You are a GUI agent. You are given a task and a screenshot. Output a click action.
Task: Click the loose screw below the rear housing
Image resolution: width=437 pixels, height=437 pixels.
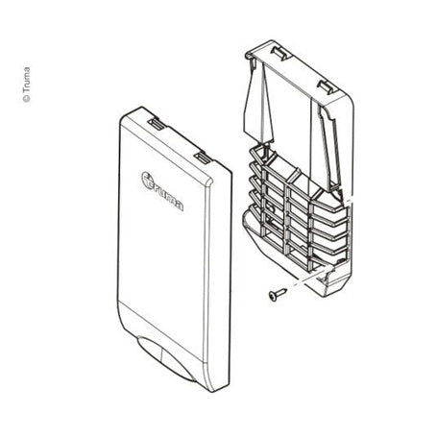coord(277,293)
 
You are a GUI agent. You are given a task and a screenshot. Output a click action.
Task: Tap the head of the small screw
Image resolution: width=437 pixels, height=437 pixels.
coord(272,296)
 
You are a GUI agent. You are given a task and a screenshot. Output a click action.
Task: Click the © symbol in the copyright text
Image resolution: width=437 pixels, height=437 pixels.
coord(27,99)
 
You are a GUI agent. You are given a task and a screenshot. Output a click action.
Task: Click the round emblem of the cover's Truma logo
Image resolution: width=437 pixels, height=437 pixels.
coord(147,180)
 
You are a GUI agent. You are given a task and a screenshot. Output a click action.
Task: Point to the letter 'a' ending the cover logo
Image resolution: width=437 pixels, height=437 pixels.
coord(180,206)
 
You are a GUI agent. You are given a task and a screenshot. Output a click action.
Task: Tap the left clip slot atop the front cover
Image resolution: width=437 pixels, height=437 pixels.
coord(156,123)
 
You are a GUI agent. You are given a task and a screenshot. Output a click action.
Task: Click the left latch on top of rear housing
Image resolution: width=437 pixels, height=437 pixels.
coord(279,53)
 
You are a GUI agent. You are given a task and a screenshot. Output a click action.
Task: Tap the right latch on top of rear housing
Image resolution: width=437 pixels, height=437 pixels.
coord(327,86)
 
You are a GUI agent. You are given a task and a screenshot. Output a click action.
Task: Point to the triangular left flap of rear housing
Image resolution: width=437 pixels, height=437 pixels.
coord(257,103)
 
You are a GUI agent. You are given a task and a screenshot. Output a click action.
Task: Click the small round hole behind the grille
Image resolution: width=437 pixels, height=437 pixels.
coord(271,208)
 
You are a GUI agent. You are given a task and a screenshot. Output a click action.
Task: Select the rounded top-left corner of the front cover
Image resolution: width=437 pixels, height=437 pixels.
coord(125,119)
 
